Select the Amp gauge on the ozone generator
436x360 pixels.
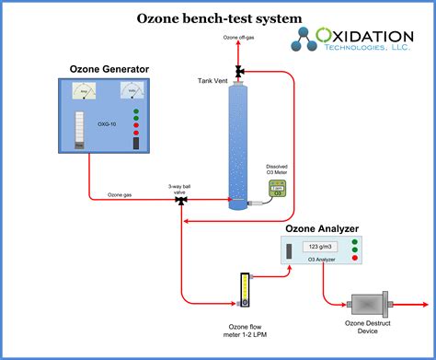86,93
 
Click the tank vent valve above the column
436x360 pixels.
238,71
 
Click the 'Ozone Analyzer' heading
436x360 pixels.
321,228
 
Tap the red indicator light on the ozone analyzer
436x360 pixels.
353,257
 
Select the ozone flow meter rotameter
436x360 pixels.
244,290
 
